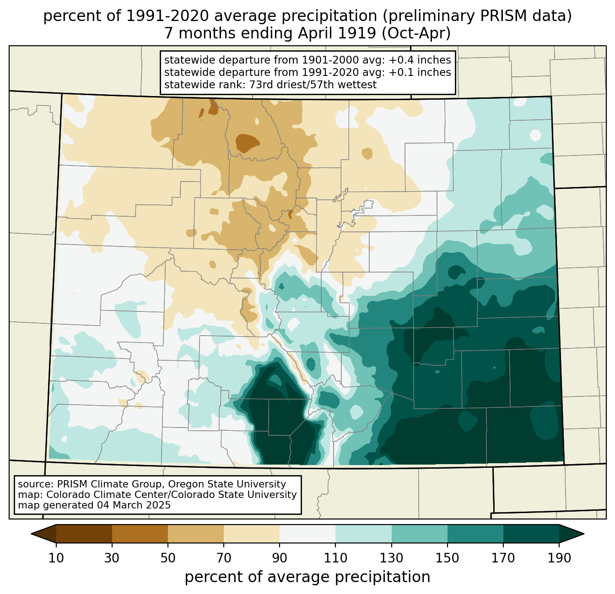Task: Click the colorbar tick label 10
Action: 56,558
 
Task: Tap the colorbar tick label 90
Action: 280,558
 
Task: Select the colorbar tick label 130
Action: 391,558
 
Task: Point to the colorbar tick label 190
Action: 559,558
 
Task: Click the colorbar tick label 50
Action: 168,558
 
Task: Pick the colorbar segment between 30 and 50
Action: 140,534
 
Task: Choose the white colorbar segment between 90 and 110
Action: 307,534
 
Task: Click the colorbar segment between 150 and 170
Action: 475,534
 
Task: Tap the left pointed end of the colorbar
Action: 31,534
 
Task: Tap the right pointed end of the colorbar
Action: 584,534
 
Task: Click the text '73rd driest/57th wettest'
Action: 313,85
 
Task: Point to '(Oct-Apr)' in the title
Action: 416,33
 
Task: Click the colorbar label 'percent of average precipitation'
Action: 307,577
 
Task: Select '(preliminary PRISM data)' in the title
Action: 477,16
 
